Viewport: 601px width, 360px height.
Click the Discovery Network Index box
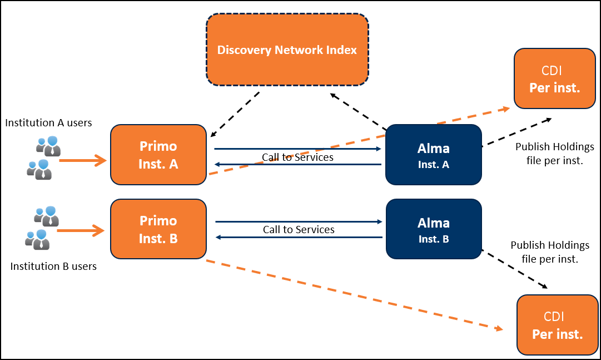coord(287,50)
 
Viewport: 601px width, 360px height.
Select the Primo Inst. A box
coord(158,155)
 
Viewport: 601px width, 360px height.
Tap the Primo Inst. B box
coord(158,229)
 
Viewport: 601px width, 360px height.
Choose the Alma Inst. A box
coord(434,155)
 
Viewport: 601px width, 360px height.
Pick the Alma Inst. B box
coord(434,229)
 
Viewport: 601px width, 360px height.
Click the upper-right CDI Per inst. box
coord(555,78)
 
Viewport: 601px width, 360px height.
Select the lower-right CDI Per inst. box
coord(557,325)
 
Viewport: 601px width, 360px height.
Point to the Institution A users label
coord(48,123)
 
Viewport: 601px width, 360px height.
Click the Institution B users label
coord(53,267)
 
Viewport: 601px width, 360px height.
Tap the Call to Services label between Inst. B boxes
coord(299,229)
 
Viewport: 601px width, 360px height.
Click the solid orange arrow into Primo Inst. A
coord(83,160)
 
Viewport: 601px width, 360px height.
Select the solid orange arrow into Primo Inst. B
coord(81,231)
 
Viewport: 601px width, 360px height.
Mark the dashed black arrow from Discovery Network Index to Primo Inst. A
coord(235,115)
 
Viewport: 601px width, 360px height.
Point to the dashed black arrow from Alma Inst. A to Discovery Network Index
coord(359,111)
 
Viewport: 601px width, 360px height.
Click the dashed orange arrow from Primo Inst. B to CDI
coord(355,295)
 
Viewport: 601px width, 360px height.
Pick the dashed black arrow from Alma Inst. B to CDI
coord(514,269)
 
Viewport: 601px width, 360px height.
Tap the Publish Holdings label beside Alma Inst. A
coord(555,154)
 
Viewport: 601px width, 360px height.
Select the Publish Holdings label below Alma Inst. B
coord(550,251)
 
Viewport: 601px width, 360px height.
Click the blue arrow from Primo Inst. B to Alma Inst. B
coord(299,221)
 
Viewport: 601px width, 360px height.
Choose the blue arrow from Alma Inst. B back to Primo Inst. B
coord(299,237)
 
